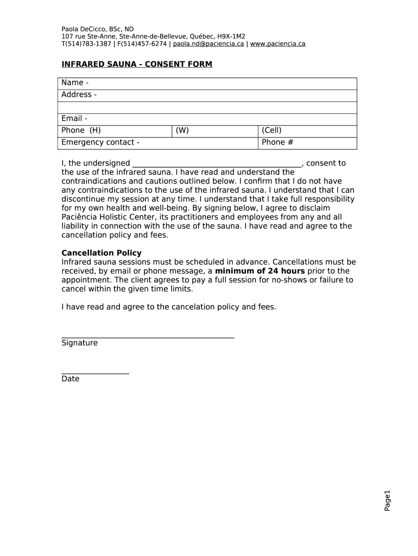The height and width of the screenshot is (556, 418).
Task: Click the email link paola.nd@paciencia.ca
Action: tap(208, 43)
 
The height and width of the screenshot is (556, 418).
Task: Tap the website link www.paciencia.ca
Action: tap(277, 43)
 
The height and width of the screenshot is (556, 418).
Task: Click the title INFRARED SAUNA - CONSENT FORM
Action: tap(137, 64)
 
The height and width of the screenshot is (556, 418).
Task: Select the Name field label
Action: tap(75, 83)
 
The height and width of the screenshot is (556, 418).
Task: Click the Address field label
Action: tap(79, 94)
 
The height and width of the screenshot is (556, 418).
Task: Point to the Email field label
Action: tap(74, 118)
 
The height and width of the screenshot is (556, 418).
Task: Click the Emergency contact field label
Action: tap(100, 142)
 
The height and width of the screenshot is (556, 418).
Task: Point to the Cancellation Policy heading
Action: tap(102, 253)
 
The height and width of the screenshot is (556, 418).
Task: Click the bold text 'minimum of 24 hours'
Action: tap(260, 271)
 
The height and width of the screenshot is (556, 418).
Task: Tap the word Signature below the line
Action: tap(80, 343)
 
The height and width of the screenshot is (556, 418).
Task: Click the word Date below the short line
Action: tap(70, 379)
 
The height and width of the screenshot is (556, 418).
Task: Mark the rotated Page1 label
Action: tap(387, 500)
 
